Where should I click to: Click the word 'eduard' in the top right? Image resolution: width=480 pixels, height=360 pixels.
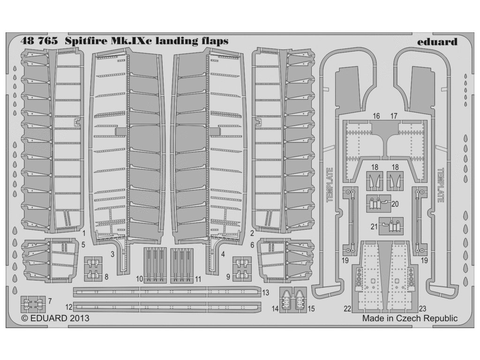click(x=436, y=41)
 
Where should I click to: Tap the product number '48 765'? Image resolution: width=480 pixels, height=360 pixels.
click(x=39, y=41)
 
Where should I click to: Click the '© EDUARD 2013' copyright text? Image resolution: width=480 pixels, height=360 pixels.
click(x=55, y=318)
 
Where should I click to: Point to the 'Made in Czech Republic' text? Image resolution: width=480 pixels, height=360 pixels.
click(x=410, y=318)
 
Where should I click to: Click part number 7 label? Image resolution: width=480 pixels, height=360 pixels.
click(x=50, y=300)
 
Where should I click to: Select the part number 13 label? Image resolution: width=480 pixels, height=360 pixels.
click(x=265, y=292)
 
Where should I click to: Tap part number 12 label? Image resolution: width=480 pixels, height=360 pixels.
click(x=69, y=307)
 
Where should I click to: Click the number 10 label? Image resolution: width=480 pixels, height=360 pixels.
click(x=139, y=278)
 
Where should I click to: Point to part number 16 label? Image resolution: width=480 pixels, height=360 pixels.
click(x=376, y=115)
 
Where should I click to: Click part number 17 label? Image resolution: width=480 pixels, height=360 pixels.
click(x=394, y=115)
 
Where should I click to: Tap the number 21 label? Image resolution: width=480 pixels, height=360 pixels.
click(x=374, y=226)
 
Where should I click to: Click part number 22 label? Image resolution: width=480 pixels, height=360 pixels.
click(x=347, y=308)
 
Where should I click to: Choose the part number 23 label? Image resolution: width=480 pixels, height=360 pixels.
click(x=422, y=308)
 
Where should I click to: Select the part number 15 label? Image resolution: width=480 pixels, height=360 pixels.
click(x=311, y=308)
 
